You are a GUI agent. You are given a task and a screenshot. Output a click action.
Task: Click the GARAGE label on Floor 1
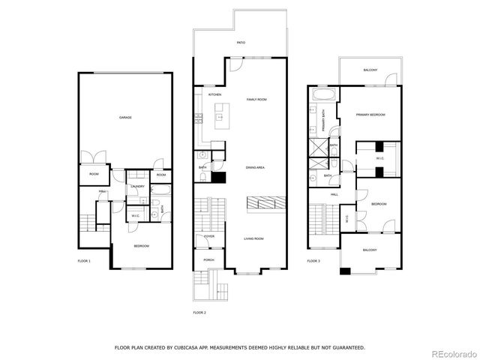click(126, 118)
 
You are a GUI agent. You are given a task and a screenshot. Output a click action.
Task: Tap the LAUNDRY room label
click(137, 186)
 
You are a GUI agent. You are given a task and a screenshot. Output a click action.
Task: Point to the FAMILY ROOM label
click(257, 99)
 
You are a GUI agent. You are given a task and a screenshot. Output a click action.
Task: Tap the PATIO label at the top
click(241, 43)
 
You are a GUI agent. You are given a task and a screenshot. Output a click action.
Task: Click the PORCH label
click(208, 260)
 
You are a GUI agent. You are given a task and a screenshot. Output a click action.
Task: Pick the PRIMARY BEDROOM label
click(370, 115)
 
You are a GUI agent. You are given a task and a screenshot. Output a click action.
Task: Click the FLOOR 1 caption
click(84, 261)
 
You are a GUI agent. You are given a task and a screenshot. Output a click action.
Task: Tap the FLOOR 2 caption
click(199, 312)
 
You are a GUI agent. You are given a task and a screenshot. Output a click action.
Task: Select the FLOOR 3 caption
click(313, 261)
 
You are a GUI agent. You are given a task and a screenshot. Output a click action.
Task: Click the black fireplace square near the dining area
click(219, 178)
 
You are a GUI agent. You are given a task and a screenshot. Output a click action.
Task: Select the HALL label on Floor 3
click(334, 194)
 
